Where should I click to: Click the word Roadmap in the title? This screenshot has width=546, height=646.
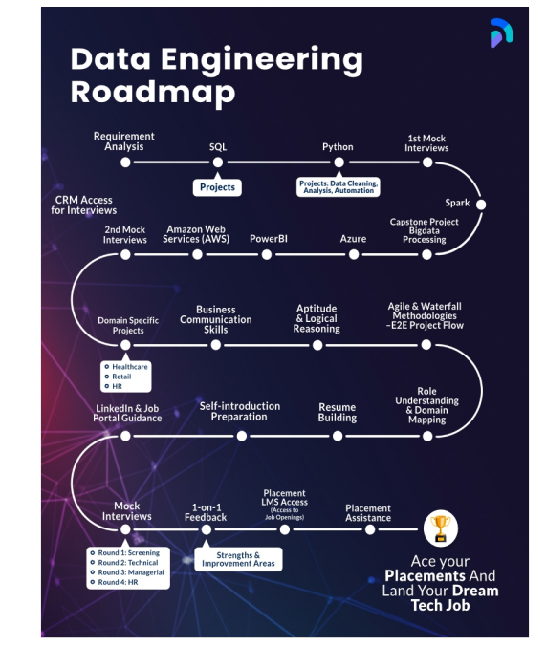click(x=152, y=92)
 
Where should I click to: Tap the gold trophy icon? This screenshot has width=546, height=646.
click(x=441, y=527)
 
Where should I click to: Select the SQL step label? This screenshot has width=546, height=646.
click(x=218, y=147)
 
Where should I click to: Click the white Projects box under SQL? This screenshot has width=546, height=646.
click(x=218, y=187)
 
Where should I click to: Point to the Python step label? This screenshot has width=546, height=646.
click(x=338, y=147)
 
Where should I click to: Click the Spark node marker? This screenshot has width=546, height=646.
click(x=481, y=205)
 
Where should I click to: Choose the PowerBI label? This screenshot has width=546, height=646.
click(x=268, y=238)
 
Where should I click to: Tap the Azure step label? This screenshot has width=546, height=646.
click(x=354, y=238)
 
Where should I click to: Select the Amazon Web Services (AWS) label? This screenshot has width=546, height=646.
click(x=197, y=234)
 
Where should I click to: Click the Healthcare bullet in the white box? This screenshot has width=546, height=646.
click(x=130, y=367)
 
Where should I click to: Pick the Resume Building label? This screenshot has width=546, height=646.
click(x=338, y=412)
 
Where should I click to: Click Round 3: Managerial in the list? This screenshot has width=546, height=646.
click(x=130, y=572)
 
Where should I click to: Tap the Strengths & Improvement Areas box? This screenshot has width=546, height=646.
click(x=238, y=559)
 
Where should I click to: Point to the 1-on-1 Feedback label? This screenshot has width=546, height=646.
click(x=206, y=512)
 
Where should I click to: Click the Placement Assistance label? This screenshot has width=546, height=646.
click(x=368, y=513)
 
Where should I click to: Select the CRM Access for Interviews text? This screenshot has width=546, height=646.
click(x=85, y=205)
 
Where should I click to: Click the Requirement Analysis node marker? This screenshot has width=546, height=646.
click(x=125, y=162)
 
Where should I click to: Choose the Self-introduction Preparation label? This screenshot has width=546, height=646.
click(x=240, y=412)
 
